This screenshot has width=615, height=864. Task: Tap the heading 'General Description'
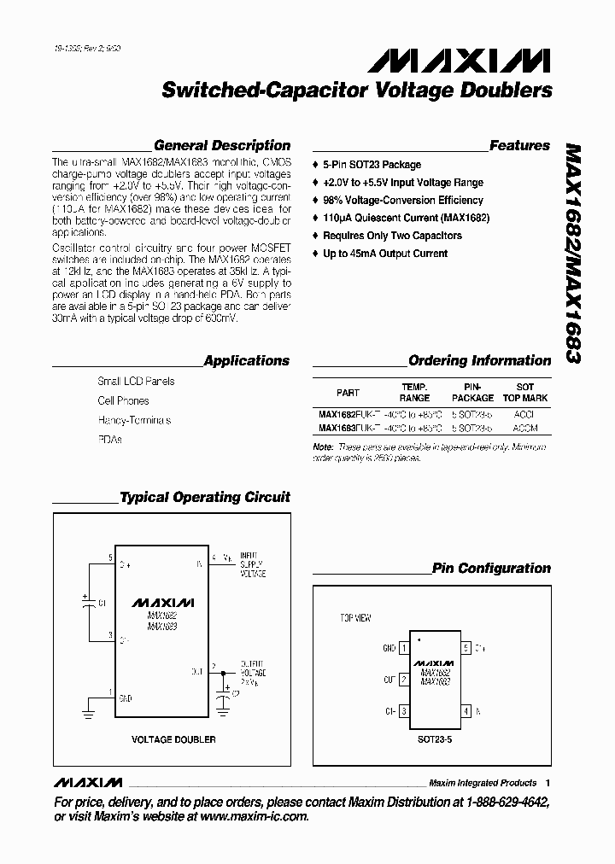point(222,145)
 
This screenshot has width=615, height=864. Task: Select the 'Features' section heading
point(519,145)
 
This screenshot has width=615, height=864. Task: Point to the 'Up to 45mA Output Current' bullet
point(385,254)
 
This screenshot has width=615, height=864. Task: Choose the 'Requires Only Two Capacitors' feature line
point(392,236)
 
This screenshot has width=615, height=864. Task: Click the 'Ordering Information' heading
point(479,360)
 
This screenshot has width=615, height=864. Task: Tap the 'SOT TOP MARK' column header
point(525,393)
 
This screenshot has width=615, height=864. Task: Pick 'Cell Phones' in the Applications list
point(123,400)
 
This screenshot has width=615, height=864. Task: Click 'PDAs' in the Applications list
point(109,440)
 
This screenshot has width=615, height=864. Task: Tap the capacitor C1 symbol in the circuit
point(88,602)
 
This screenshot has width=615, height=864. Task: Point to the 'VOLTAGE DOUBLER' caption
point(173,739)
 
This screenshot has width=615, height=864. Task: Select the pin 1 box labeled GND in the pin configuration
point(402,648)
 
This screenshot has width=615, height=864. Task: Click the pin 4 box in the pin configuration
point(465,710)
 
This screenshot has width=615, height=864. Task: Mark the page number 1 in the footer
point(548,783)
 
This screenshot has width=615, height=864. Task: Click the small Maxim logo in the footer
point(88,783)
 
